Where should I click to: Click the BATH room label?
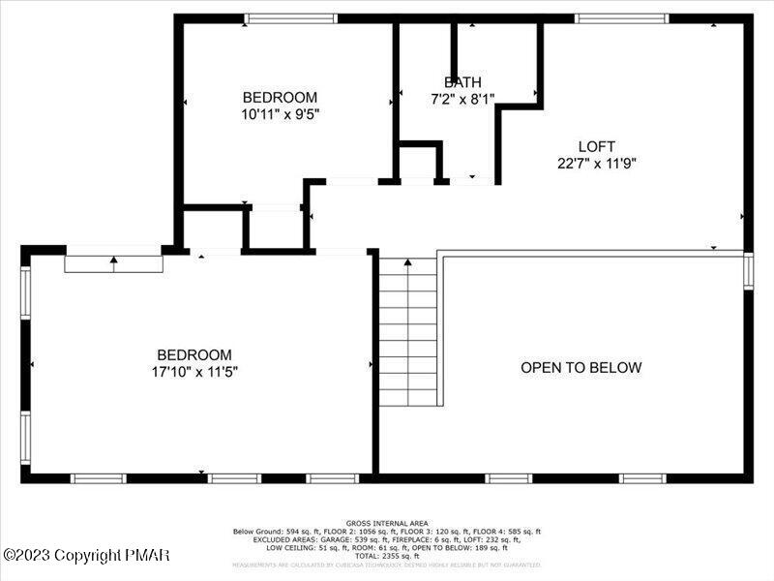pyautogui.click(x=461, y=82)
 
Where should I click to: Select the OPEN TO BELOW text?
pyautogui.click(x=580, y=367)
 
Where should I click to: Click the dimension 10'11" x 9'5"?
pyautogui.click(x=280, y=113)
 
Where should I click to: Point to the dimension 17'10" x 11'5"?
pyautogui.click(x=194, y=371)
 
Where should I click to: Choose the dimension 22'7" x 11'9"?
pyautogui.click(x=596, y=163)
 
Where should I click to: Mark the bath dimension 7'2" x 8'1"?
pyautogui.click(x=461, y=98)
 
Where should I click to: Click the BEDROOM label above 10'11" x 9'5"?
pyautogui.click(x=280, y=97)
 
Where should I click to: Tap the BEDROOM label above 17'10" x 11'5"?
pyautogui.click(x=194, y=354)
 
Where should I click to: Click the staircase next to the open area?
pyautogui.click(x=407, y=331)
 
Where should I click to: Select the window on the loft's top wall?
pyautogui.click(x=620, y=18)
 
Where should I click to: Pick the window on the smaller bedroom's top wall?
pyautogui.click(x=290, y=18)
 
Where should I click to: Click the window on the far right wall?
pyautogui.click(x=748, y=270)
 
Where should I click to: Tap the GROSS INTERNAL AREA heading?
pyautogui.click(x=386, y=523)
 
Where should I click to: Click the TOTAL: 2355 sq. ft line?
pyautogui.click(x=386, y=556)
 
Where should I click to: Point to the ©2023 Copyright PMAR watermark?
pyautogui.click(x=87, y=555)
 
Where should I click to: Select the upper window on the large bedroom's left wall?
pyautogui.click(x=26, y=293)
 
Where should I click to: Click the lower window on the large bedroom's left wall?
pyautogui.click(x=26, y=438)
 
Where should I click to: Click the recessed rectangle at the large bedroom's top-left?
pyautogui.click(x=113, y=263)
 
